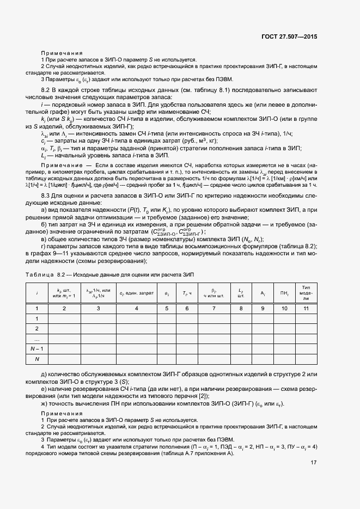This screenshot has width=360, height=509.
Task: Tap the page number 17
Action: click(x=313, y=463)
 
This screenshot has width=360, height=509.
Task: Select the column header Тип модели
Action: click(x=306, y=293)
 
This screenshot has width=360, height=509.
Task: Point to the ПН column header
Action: click(x=284, y=293)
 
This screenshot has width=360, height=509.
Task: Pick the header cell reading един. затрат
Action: click(x=137, y=293)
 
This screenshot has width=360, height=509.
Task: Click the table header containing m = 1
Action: click(x=64, y=293)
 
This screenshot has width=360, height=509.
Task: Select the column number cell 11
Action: click(x=306, y=309)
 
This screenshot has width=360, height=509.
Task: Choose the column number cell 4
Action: click(x=137, y=309)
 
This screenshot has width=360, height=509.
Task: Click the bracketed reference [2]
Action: click(x=203, y=396)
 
